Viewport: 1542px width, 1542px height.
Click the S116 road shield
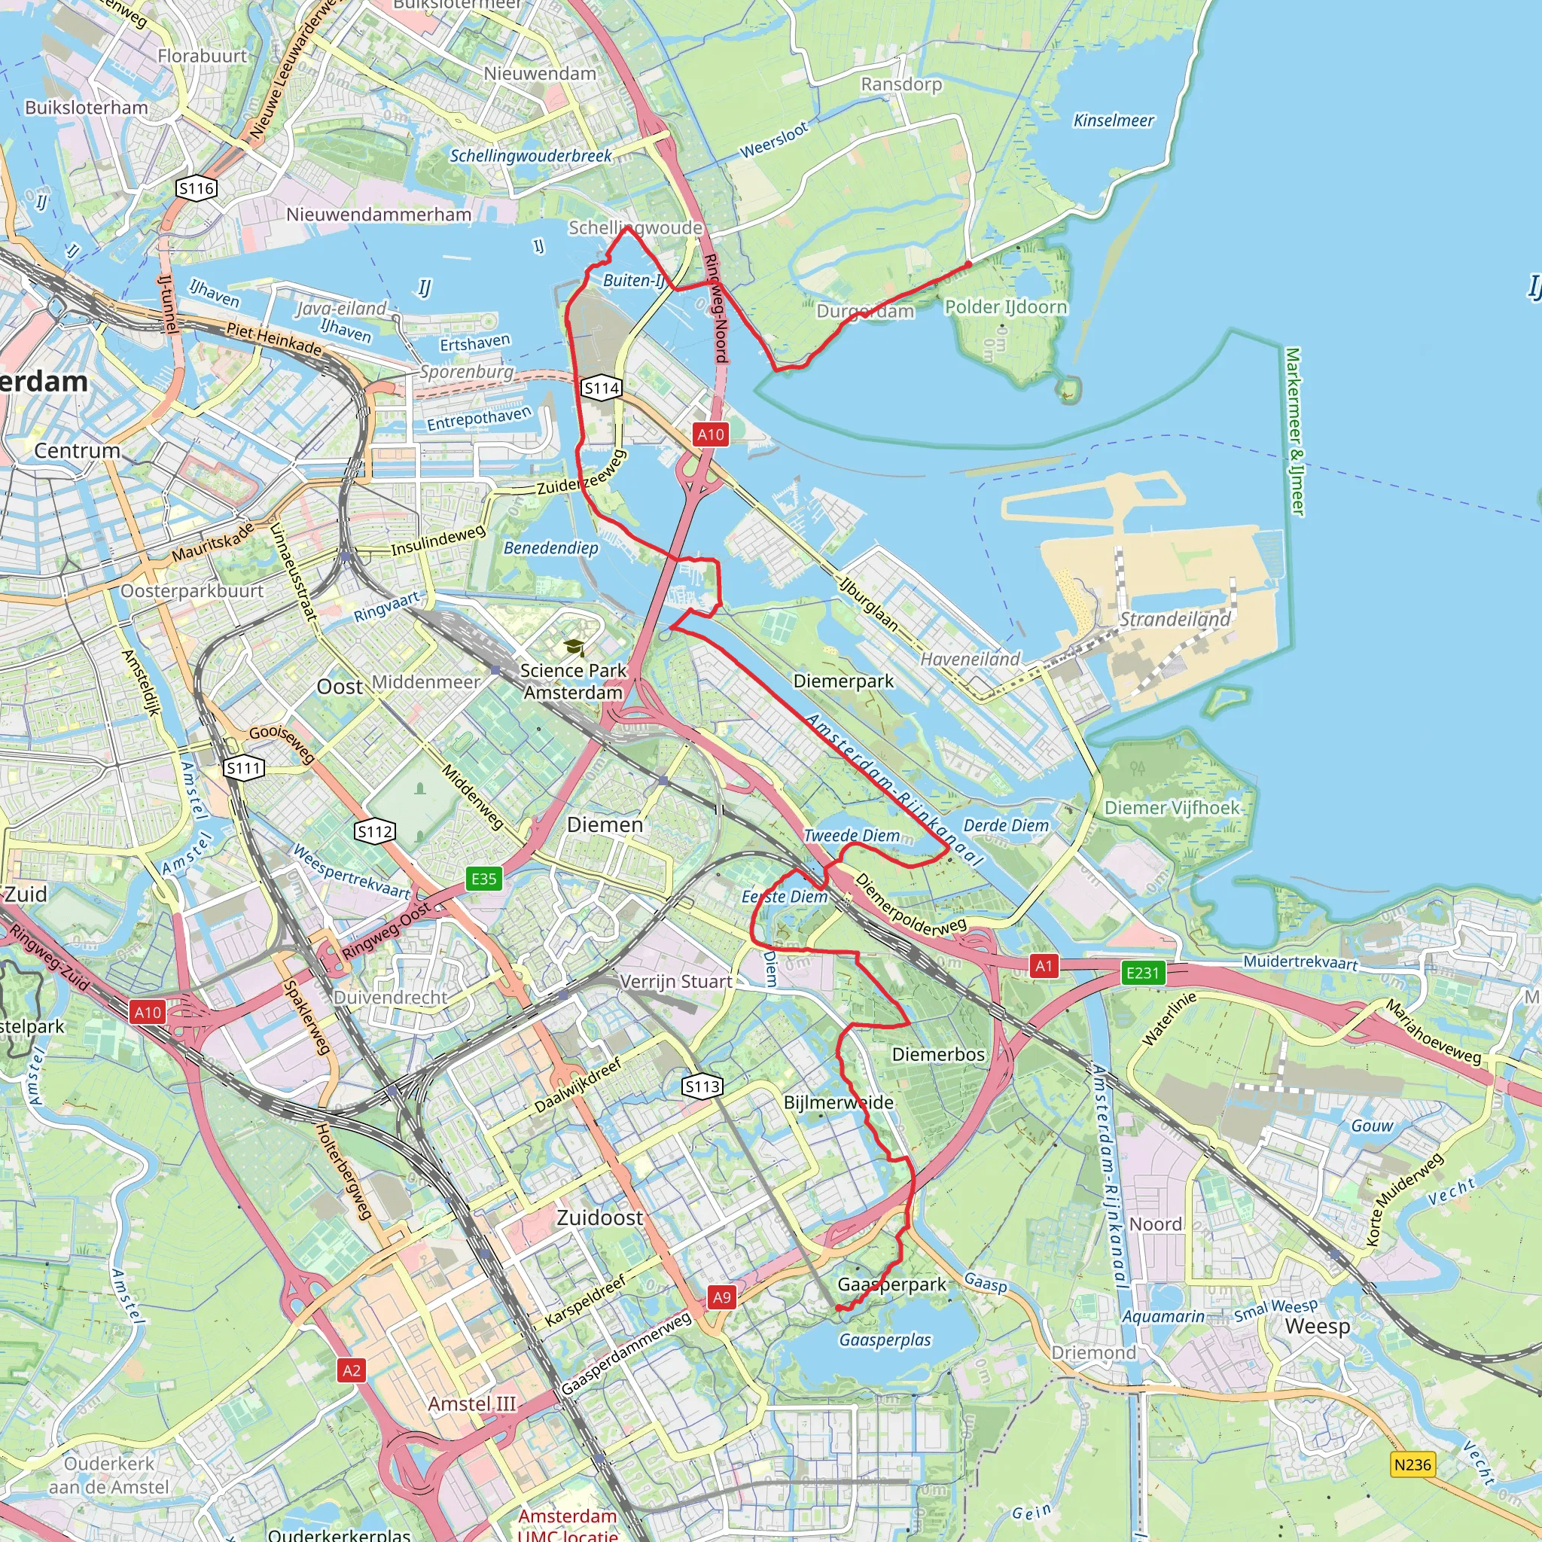[197, 188]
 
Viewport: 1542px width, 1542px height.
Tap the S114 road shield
[602, 389]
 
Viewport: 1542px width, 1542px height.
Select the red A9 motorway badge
[721, 1297]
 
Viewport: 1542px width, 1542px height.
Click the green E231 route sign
[1143, 973]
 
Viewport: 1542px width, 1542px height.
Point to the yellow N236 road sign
[1412, 1464]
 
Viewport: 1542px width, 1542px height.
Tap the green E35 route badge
[483, 879]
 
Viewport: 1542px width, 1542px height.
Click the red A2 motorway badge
[351, 1370]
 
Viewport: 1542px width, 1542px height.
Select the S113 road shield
[702, 1086]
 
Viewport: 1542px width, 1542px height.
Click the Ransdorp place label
[901, 84]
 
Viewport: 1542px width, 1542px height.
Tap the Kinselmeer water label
[1114, 120]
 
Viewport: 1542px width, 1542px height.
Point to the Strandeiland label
[1175, 620]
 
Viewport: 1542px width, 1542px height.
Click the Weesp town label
[1318, 1327]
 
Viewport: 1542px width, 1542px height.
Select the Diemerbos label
[938, 1054]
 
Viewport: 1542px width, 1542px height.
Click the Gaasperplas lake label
[885, 1340]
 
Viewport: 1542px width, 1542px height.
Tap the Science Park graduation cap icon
[573, 648]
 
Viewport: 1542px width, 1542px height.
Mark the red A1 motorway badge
[1044, 967]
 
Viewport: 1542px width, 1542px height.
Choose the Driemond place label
[1093, 1353]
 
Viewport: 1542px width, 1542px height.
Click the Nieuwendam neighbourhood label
[541, 74]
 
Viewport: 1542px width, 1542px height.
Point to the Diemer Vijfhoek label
[1172, 808]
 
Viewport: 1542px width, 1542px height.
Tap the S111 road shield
[243, 769]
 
